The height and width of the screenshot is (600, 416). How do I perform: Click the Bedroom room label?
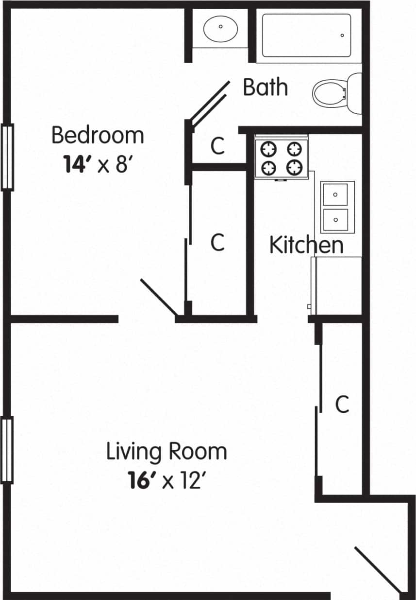point(98,135)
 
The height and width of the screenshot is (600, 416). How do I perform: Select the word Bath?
point(265,88)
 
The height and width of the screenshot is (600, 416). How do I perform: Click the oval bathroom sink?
point(221,29)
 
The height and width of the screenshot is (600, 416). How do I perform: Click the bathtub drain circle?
point(342,35)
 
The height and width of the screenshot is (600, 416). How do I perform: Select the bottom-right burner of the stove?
point(294,168)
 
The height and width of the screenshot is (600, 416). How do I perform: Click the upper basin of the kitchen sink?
point(336,194)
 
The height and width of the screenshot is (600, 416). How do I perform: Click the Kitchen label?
point(306,245)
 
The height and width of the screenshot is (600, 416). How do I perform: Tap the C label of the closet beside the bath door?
point(218,146)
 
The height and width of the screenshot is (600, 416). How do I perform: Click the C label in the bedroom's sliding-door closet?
point(218,242)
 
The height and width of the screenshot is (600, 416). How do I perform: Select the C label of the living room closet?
point(343,404)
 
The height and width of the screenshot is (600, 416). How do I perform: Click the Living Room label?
point(166,452)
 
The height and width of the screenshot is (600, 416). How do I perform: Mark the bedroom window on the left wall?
point(7,157)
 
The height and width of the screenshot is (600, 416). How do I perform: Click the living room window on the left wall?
point(7,450)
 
